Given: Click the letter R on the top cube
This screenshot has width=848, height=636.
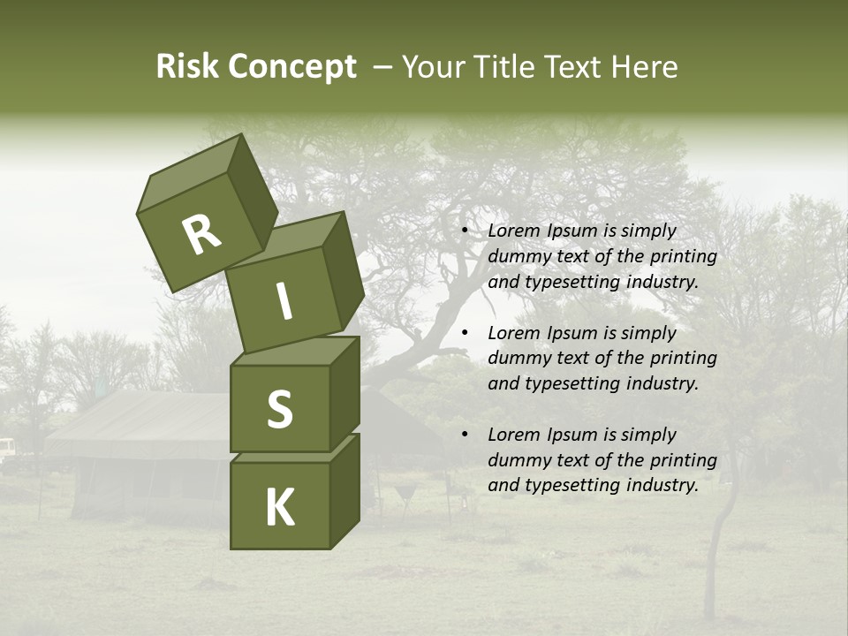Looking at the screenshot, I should tap(201, 235).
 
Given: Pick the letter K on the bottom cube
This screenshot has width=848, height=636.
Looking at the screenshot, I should tap(279, 508).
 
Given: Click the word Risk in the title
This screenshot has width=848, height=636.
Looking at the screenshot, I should tap(186, 67).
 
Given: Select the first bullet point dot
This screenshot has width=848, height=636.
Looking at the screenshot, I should tap(465, 231).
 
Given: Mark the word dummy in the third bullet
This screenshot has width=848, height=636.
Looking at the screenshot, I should tap(516, 460).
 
